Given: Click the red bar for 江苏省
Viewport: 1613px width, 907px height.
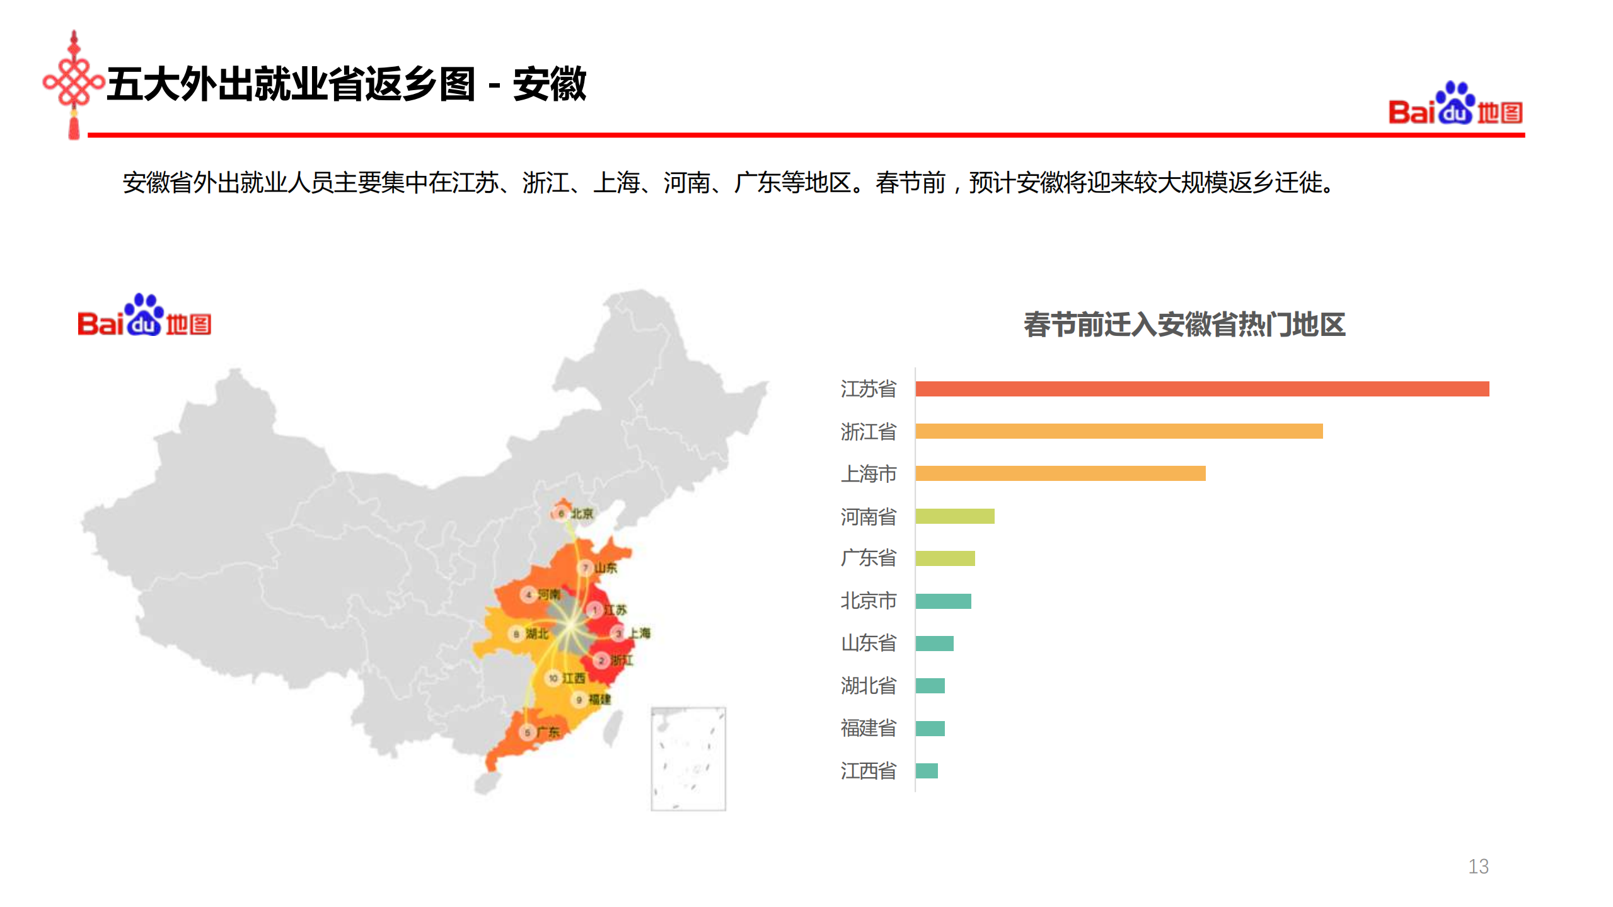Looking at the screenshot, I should click(1201, 389).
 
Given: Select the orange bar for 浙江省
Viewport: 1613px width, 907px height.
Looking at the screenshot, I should click(1119, 431).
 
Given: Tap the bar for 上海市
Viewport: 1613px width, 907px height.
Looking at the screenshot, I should click(1060, 473).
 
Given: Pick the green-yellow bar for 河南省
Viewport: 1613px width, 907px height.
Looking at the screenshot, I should click(954, 516).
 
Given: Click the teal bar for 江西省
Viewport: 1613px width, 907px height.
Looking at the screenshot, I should click(927, 771).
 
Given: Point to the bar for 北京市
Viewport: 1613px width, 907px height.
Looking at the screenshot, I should click(943, 601).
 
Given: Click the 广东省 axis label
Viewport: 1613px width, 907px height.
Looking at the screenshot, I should click(868, 558).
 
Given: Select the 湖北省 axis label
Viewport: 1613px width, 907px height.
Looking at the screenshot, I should click(868, 686).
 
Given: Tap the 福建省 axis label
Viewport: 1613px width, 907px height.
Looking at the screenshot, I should click(868, 729).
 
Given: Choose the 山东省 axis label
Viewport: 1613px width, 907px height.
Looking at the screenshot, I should click(868, 644).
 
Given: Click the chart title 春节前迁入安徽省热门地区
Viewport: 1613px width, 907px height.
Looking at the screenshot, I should click(1184, 325).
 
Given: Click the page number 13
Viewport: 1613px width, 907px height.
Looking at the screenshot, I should click(1478, 867).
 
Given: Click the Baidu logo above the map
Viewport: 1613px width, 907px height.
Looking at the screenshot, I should click(144, 316).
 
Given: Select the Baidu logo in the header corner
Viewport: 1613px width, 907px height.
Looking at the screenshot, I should click(1455, 105).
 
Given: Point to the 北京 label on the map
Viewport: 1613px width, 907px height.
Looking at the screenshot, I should click(581, 514).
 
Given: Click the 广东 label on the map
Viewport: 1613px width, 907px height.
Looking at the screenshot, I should click(548, 732).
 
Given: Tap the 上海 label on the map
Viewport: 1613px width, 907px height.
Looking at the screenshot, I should click(639, 633).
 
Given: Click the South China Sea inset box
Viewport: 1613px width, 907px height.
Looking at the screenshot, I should click(688, 758).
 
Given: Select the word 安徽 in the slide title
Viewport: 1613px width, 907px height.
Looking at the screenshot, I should click(549, 84).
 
